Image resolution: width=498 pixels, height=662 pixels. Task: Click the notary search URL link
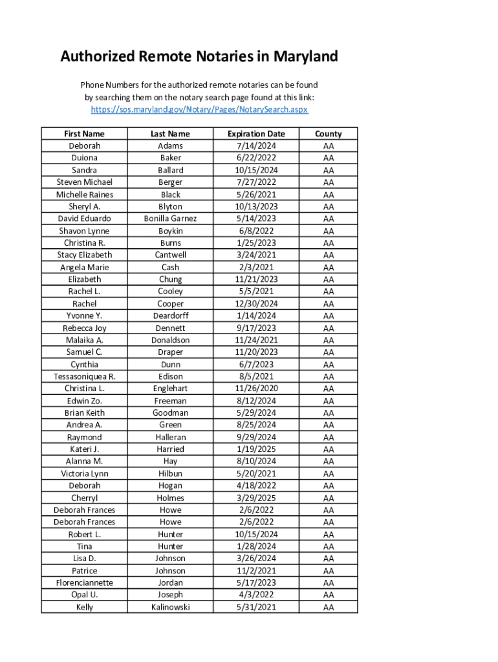point(199,110)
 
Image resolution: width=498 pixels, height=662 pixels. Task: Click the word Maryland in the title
point(305,57)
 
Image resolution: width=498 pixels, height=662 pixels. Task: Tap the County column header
point(329,134)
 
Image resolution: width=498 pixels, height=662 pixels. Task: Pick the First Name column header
point(84,134)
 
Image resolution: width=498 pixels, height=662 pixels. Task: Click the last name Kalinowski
point(171,607)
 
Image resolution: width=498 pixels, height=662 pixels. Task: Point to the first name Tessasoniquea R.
point(84,376)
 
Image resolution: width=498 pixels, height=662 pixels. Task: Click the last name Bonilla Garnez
point(171,219)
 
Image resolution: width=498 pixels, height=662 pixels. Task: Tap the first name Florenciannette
point(84,582)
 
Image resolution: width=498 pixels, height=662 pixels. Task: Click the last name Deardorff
point(171,315)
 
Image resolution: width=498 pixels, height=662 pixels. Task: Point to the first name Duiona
point(84,158)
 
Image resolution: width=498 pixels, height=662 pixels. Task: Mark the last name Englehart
point(171,389)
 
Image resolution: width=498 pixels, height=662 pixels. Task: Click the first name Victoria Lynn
point(84,473)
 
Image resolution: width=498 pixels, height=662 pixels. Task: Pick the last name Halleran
point(171,437)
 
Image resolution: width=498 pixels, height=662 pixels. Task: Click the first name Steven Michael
point(84,182)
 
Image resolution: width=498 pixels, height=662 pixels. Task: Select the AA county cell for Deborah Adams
point(329,146)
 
